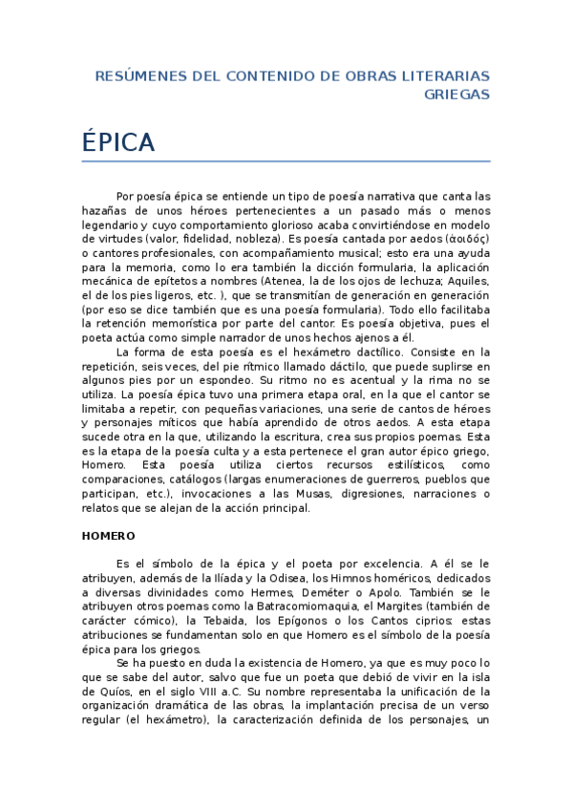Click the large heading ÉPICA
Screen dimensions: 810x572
click(x=118, y=142)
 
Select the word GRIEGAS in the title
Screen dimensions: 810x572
click(x=456, y=95)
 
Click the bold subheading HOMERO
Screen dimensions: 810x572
click(x=108, y=536)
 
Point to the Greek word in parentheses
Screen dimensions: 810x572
click(x=467, y=238)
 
